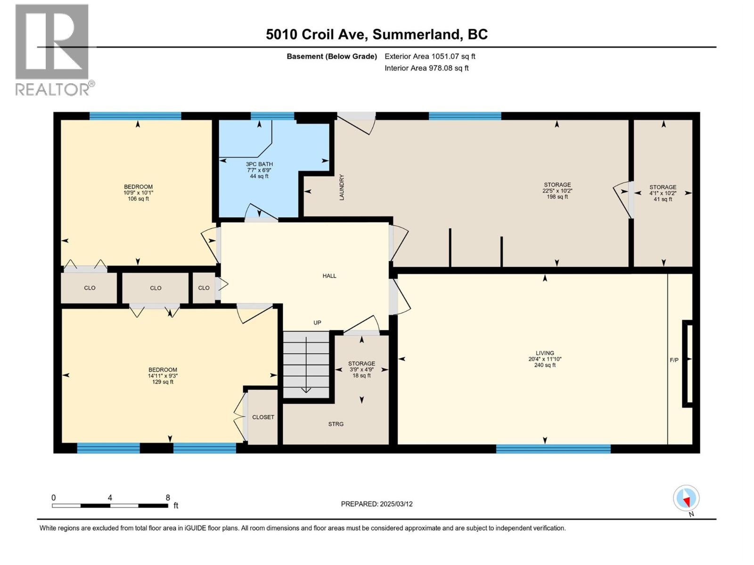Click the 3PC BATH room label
[259, 164]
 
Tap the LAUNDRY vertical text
[342, 187]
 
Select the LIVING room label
[545, 353]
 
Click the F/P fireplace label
[674, 360]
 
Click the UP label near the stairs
[317, 323]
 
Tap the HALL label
[329, 276]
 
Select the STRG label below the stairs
[336, 424]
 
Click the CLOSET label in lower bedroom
[263, 417]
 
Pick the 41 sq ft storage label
[663, 199]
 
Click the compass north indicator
[687, 499]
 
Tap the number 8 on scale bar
[168, 498]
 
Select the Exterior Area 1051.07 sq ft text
[430, 56]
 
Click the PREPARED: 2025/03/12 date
[377, 504]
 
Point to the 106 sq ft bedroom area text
[138, 199]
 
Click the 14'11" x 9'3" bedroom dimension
[163, 376]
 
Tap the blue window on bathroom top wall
[272, 116]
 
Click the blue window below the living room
[553, 449]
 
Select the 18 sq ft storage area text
[361, 376]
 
